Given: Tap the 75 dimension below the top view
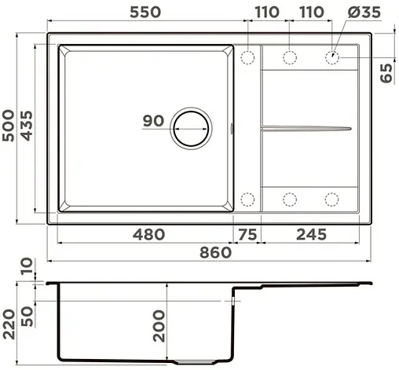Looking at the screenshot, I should click(247, 234).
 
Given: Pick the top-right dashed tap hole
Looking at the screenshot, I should click(332, 57).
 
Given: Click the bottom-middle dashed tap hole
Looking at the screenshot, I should click(289, 198).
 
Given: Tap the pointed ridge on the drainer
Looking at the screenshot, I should click(306, 126).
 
